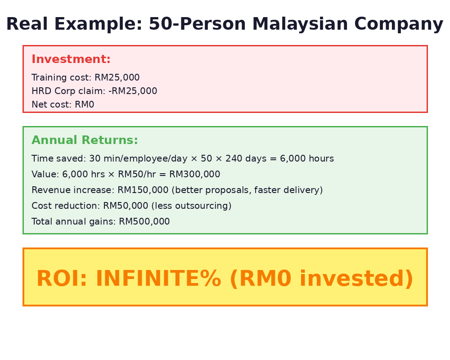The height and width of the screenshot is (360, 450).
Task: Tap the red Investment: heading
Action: pyautogui.click(x=71, y=59)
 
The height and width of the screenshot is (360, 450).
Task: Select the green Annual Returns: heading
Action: pyautogui.click(x=85, y=140)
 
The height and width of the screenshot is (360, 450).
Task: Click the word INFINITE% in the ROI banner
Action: pyautogui.click(x=158, y=279)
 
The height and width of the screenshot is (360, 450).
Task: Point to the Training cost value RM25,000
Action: pyautogui.click(x=117, y=78)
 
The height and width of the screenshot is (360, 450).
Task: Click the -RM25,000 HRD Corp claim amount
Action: pyautogui.click(x=133, y=91)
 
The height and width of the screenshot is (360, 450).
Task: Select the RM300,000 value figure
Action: pyautogui.click(x=194, y=175)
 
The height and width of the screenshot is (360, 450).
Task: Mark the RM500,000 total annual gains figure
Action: pyautogui.click(x=144, y=222)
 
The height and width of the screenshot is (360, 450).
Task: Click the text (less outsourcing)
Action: pyautogui.click(x=191, y=206)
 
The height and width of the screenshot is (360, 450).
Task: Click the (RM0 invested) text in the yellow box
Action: pyautogui.click(x=321, y=279)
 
